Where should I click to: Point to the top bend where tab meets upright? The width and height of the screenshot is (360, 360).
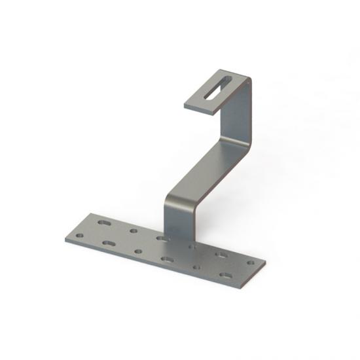[x=245, y=81]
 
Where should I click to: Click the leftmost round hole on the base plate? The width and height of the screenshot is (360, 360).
[x=80, y=235]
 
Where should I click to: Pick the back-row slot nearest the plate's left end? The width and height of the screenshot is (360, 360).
[x=104, y=223]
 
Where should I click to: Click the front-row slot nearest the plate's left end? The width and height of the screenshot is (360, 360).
[x=109, y=243]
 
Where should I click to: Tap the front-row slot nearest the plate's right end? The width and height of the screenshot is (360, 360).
[x=226, y=276]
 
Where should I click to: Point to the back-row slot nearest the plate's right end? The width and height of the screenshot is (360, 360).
[x=223, y=254]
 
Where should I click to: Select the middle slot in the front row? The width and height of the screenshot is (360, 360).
[x=168, y=259]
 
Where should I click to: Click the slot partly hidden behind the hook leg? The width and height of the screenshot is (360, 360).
[x=162, y=238]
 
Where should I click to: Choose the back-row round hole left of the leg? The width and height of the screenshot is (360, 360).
[x=134, y=230]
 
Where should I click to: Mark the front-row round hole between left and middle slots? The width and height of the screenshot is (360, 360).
[x=137, y=251]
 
